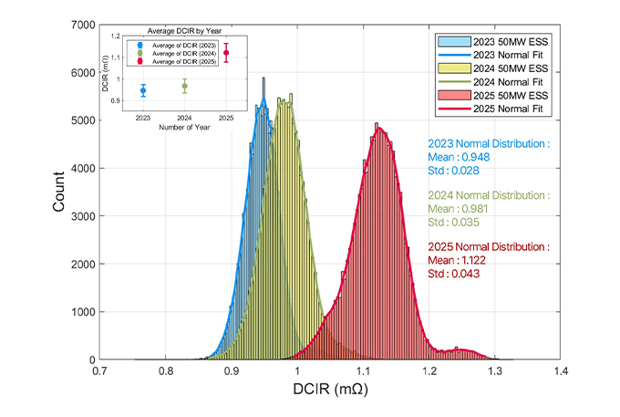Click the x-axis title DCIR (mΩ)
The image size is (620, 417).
[329, 391]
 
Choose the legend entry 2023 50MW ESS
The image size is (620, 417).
[499, 42]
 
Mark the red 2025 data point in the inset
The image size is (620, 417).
[225, 54]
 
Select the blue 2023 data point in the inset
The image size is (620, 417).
[143, 90]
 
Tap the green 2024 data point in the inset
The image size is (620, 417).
[184, 87]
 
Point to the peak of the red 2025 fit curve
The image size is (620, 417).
[379, 128]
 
